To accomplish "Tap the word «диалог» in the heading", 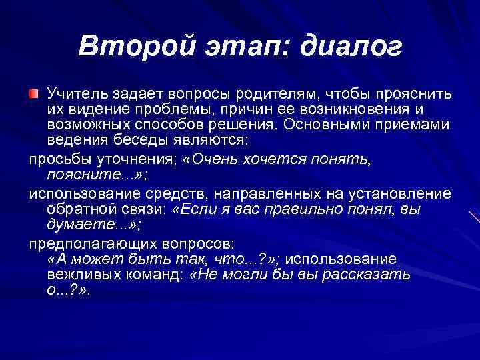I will coord(351,47).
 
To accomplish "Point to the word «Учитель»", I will coord(75,92).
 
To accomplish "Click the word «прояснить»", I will coord(417,92).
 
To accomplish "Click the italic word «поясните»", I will coord(76,175).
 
